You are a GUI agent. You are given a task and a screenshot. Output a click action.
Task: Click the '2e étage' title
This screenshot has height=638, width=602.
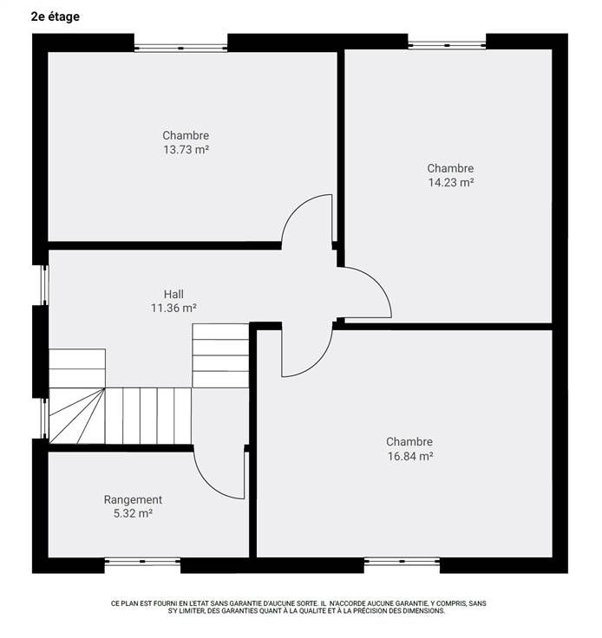[56, 17]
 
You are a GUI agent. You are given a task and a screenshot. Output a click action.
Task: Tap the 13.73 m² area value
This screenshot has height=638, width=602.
[186, 150]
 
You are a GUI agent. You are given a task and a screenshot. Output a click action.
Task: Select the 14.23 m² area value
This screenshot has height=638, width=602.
[450, 182]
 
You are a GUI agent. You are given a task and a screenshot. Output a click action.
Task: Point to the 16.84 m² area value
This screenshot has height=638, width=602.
[410, 456]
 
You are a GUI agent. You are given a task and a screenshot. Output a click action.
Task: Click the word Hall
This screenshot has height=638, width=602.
[173, 294]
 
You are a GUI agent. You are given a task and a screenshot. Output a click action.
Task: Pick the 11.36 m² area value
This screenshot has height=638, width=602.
[173, 308]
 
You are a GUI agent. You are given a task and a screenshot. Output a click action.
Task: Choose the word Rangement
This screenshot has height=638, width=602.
[133, 499]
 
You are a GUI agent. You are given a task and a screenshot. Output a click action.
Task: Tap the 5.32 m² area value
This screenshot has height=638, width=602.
[133, 513]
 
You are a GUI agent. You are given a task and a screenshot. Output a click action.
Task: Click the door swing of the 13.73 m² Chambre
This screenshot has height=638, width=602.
[297, 208]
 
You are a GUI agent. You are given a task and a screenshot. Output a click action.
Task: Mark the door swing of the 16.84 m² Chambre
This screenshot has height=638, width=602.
[317, 363]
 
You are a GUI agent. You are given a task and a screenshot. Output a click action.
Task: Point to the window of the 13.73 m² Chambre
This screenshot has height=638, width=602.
[180, 48]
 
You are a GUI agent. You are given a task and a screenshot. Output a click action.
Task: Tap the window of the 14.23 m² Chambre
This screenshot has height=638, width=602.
[447, 45]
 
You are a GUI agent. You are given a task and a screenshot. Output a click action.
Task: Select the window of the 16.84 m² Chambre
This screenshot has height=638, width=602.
[402, 561]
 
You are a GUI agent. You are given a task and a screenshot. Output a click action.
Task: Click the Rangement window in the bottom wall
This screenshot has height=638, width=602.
[142, 561]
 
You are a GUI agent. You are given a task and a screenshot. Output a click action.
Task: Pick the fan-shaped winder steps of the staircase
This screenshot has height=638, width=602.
[77, 415]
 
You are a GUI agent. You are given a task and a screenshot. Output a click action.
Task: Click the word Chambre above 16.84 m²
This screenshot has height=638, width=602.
[409, 441]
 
